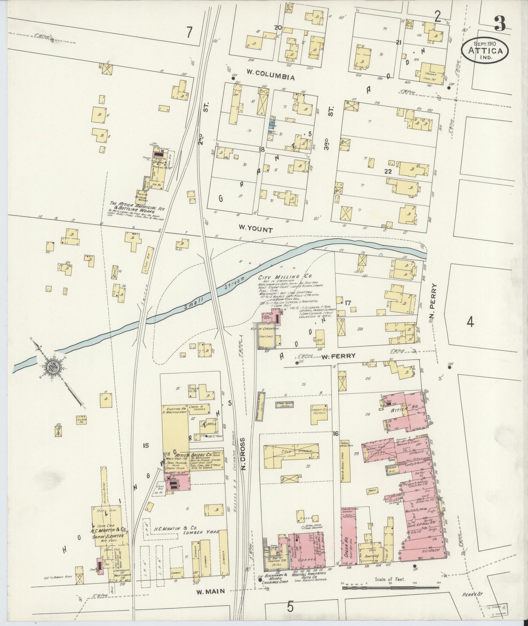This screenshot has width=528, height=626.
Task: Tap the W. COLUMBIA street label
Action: [270, 77]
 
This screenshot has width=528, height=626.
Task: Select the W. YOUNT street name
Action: [255, 230]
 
